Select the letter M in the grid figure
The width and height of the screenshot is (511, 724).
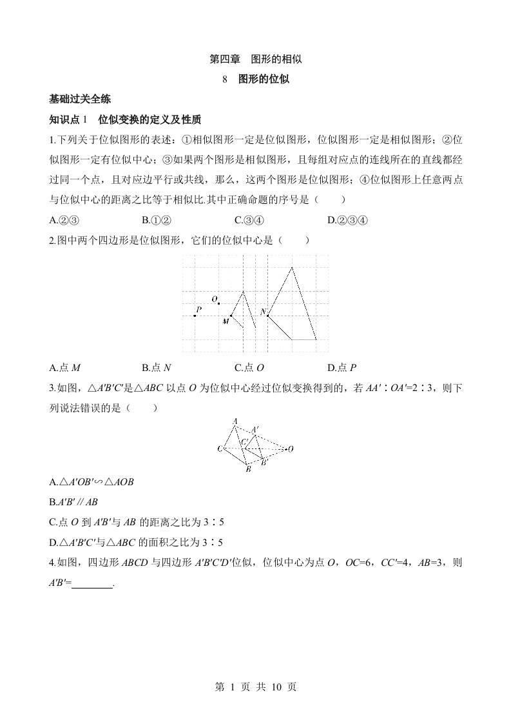[x=226, y=321]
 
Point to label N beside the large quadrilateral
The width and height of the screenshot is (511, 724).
[x=263, y=312]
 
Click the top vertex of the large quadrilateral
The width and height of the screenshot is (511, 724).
[x=292, y=266]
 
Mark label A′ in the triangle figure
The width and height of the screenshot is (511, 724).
[x=255, y=429]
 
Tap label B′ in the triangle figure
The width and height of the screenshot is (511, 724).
[x=264, y=462]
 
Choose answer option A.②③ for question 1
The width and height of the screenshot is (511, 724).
[x=64, y=221]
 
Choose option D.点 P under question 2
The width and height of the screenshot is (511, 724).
[x=342, y=368]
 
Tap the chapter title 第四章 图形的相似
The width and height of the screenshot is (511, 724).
[x=256, y=59]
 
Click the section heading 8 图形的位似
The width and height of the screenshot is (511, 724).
[x=255, y=79]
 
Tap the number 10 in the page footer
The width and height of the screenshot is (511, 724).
[x=273, y=687]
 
